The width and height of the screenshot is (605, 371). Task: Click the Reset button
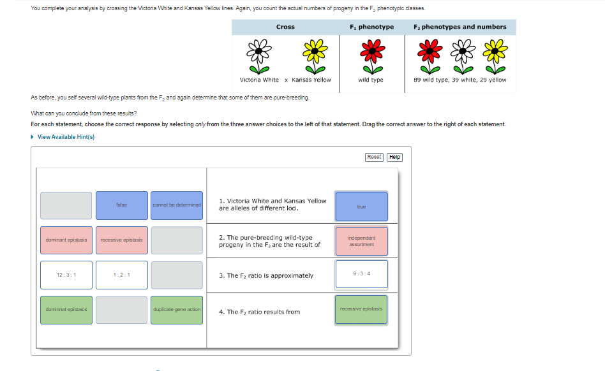375,157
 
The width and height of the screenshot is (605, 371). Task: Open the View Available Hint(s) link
66,136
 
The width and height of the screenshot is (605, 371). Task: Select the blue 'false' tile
121,205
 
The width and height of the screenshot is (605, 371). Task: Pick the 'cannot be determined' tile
177,205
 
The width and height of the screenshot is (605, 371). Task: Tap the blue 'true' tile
361,207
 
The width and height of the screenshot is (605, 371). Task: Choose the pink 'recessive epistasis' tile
121,240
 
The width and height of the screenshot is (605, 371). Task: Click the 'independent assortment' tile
361,242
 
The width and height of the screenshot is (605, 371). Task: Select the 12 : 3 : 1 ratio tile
66,275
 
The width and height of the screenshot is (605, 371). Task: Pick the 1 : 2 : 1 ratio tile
121,275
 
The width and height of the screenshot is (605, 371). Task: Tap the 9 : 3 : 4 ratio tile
361,274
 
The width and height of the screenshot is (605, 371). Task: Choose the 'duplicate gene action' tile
177,309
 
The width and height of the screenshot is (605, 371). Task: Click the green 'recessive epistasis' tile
361,309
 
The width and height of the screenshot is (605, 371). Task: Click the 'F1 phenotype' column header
371,27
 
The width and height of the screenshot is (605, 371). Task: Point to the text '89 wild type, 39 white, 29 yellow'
459,80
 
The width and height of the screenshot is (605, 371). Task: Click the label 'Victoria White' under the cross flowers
259,80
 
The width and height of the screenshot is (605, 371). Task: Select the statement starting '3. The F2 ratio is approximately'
266,275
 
